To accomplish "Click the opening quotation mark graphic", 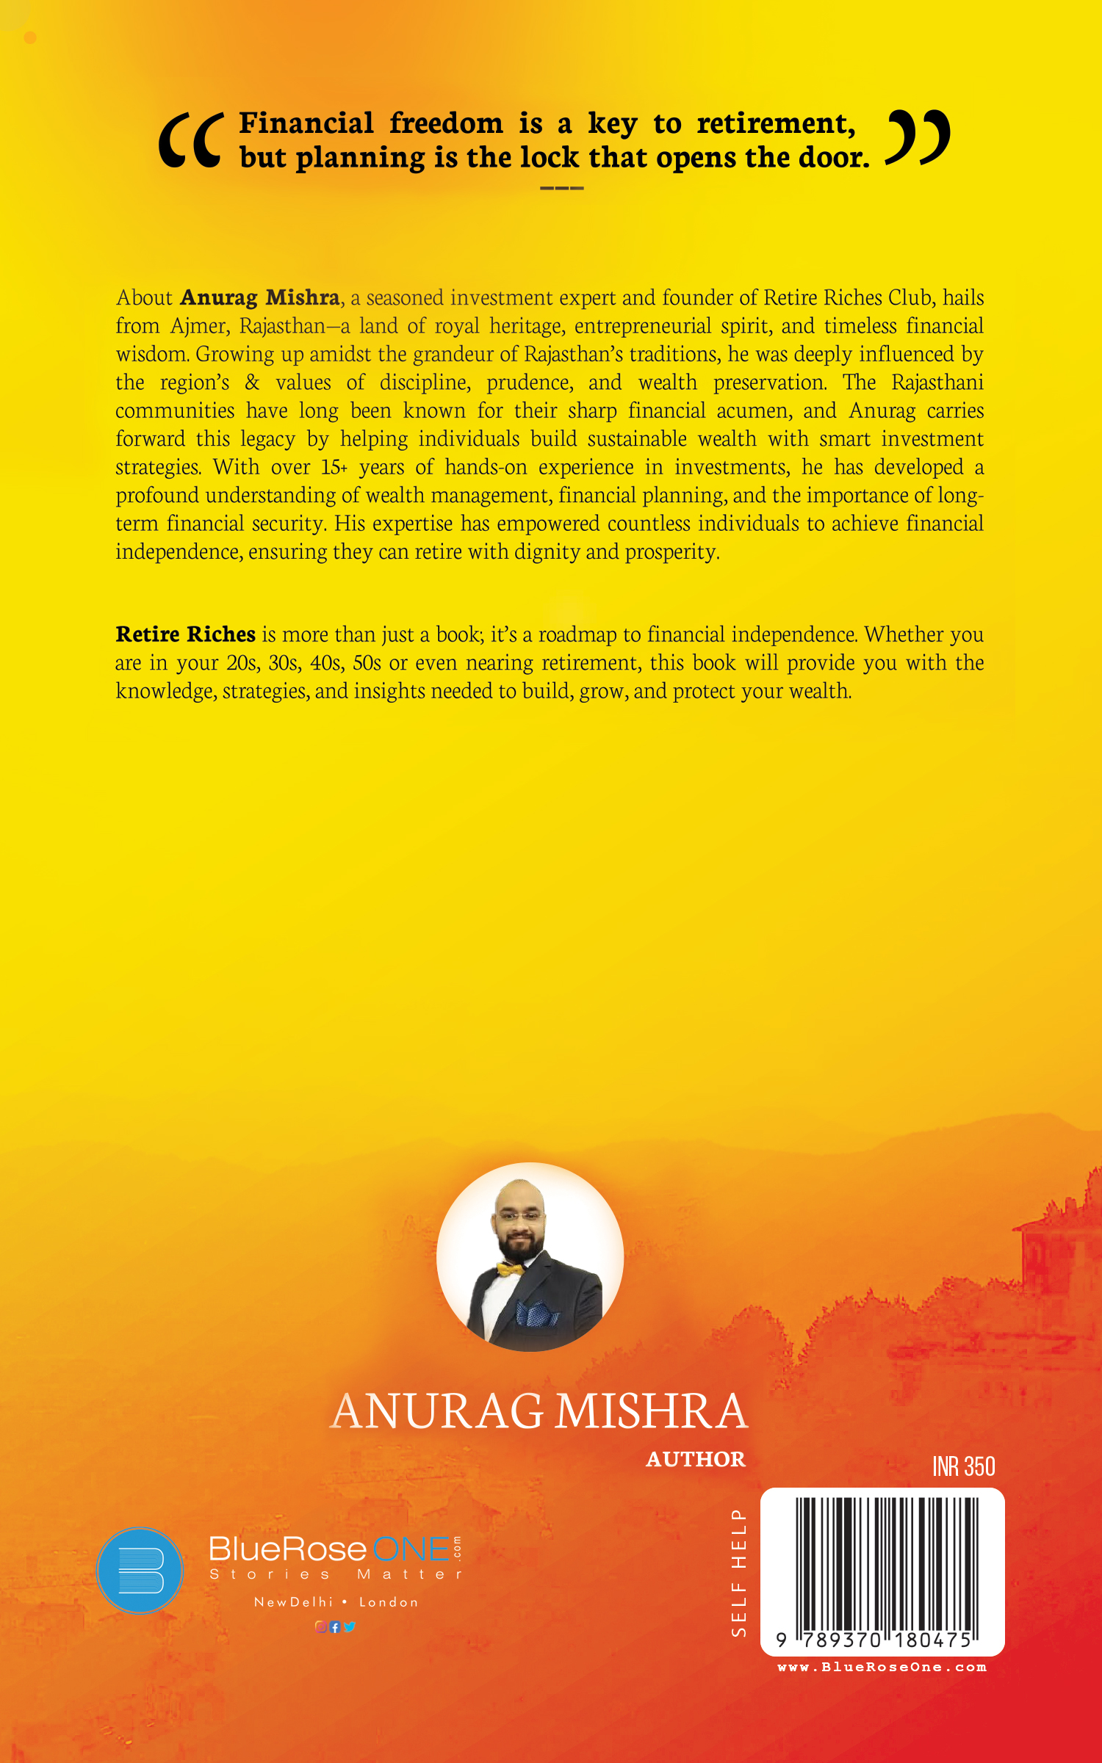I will point(190,140).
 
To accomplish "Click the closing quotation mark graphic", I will point(918,137).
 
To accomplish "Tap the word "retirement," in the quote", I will point(776,124).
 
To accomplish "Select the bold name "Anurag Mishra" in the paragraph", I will point(259,297).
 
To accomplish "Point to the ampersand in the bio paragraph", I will point(252,383).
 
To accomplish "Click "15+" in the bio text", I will point(334,467).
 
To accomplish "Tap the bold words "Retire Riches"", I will point(185,634).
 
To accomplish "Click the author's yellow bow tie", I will point(510,1268).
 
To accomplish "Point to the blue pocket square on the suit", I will point(536,1313).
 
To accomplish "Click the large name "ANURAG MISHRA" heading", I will point(540,1411).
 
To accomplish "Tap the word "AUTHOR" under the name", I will point(695,1459).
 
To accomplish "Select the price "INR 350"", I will point(963,1466).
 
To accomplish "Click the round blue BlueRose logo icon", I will point(140,1571).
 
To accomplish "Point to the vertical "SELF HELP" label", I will point(738,1572).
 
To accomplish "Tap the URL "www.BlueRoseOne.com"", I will point(882,1668).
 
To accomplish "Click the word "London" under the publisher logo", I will point(389,1602).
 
